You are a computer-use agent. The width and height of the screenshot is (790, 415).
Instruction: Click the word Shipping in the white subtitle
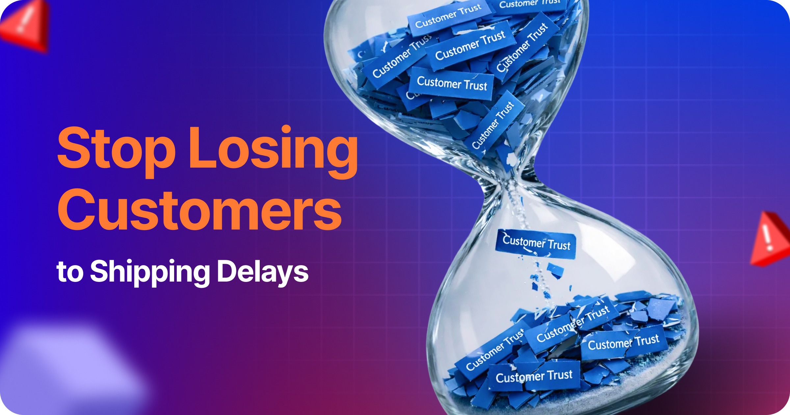[150, 272]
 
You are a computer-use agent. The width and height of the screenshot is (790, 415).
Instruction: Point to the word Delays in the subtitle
[263, 272]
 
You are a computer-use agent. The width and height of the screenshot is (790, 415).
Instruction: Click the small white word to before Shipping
[70, 272]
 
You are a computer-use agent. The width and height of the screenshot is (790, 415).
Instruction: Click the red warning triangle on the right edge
[770, 239]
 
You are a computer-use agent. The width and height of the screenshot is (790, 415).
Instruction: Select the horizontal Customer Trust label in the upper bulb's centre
[452, 83]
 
